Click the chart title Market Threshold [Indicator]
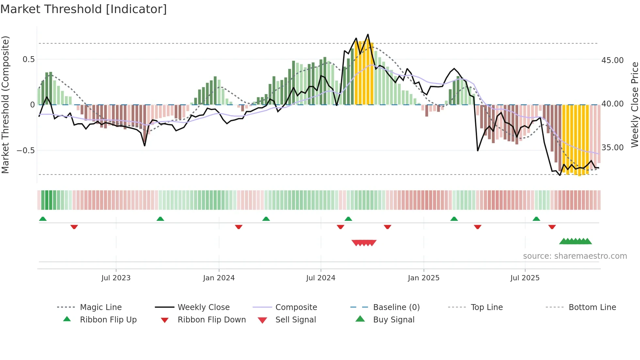(x=84, y=9)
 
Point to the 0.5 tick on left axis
(x=28, y=59)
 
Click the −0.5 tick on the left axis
(x=26, y=151)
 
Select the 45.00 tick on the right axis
(x=612, y=60)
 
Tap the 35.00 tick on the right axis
(x=612, y=148)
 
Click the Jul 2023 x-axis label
(x=116, y=278)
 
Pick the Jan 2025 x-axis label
(x=424, y=278)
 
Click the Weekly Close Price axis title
(x=634, y=105)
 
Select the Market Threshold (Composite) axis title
(x=5, y=105)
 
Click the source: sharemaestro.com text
(x=575, y=256)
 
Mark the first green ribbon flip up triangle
(x=43, y=219)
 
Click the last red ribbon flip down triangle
(x=552, y=227)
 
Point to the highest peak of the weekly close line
(x=368, y=34)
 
